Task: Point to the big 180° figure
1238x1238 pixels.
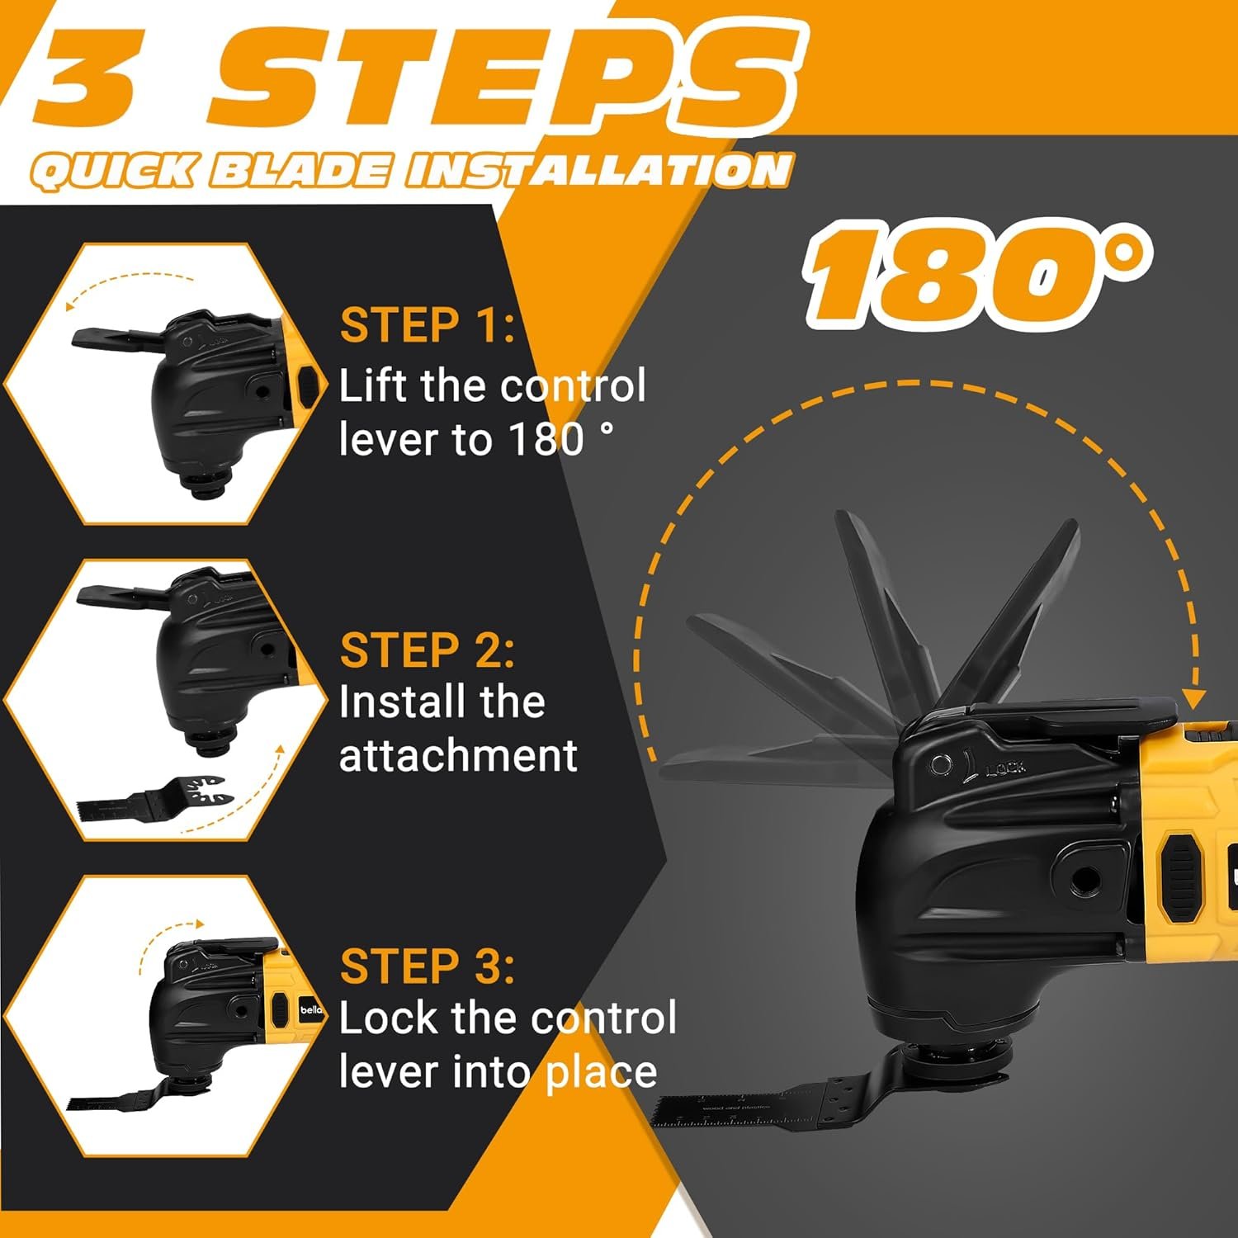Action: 977,272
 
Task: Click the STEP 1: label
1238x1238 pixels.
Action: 428,325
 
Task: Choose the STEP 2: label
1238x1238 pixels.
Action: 428,650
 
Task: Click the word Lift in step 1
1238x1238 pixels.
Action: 376,385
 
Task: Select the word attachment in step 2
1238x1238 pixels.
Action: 458,756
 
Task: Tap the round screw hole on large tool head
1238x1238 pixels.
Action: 1082,881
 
